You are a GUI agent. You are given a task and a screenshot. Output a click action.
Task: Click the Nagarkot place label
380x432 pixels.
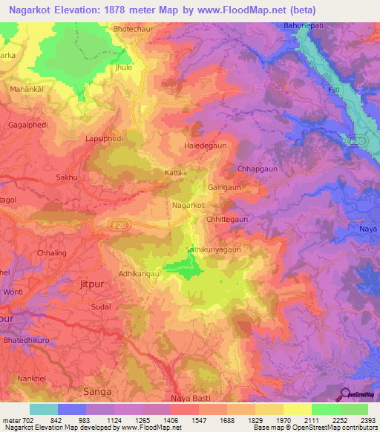(x=188, y=204)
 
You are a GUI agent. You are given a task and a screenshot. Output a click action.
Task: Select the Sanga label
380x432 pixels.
(x=97, y=391)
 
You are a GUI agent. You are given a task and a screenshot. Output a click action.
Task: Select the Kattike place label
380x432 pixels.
(x=176, y=173)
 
